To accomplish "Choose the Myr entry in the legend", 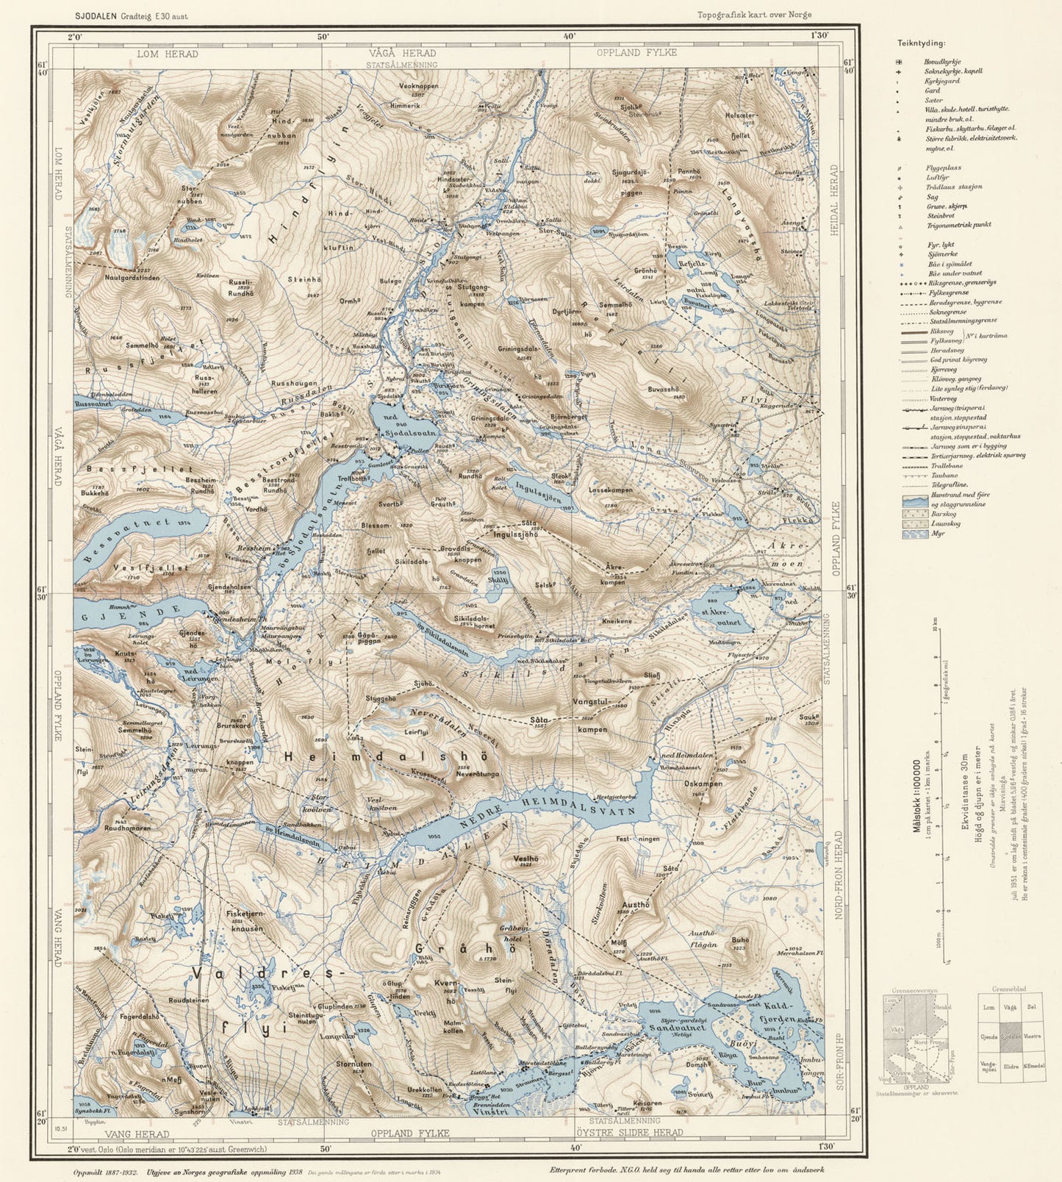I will click(x=936, y=533).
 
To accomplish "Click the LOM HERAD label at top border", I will click(x=168, y=54).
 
